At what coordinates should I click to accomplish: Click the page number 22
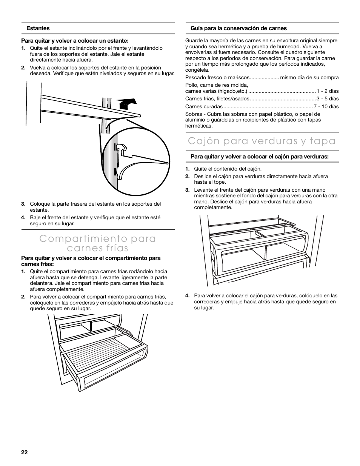[x=25, y=452]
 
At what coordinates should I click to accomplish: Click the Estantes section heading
[x=38, y=28]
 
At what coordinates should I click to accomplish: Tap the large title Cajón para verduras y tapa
[x=262, y=141]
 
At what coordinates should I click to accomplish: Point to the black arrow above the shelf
[x=126, y=102]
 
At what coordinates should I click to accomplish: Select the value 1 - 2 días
[x=328, y=91]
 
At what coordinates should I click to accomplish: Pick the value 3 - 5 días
[x=328, y=99]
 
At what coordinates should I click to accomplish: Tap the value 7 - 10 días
[x=326, y=106]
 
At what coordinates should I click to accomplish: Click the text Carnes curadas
[x=204, y=106]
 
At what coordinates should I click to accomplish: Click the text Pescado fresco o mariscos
[x=217, y=77]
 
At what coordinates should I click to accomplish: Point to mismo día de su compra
[x=309, y=77]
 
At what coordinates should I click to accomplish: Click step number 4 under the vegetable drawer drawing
[x=187, y=296]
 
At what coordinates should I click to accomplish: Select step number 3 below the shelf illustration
[x=23, y=204]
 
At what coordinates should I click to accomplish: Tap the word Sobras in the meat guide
[x=193, y=114]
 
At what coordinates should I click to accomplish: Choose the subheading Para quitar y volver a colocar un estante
[x=75, y=41]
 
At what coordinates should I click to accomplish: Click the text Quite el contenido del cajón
[x=228, y=169]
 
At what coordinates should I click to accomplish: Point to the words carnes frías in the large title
[x=98, y=248]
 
